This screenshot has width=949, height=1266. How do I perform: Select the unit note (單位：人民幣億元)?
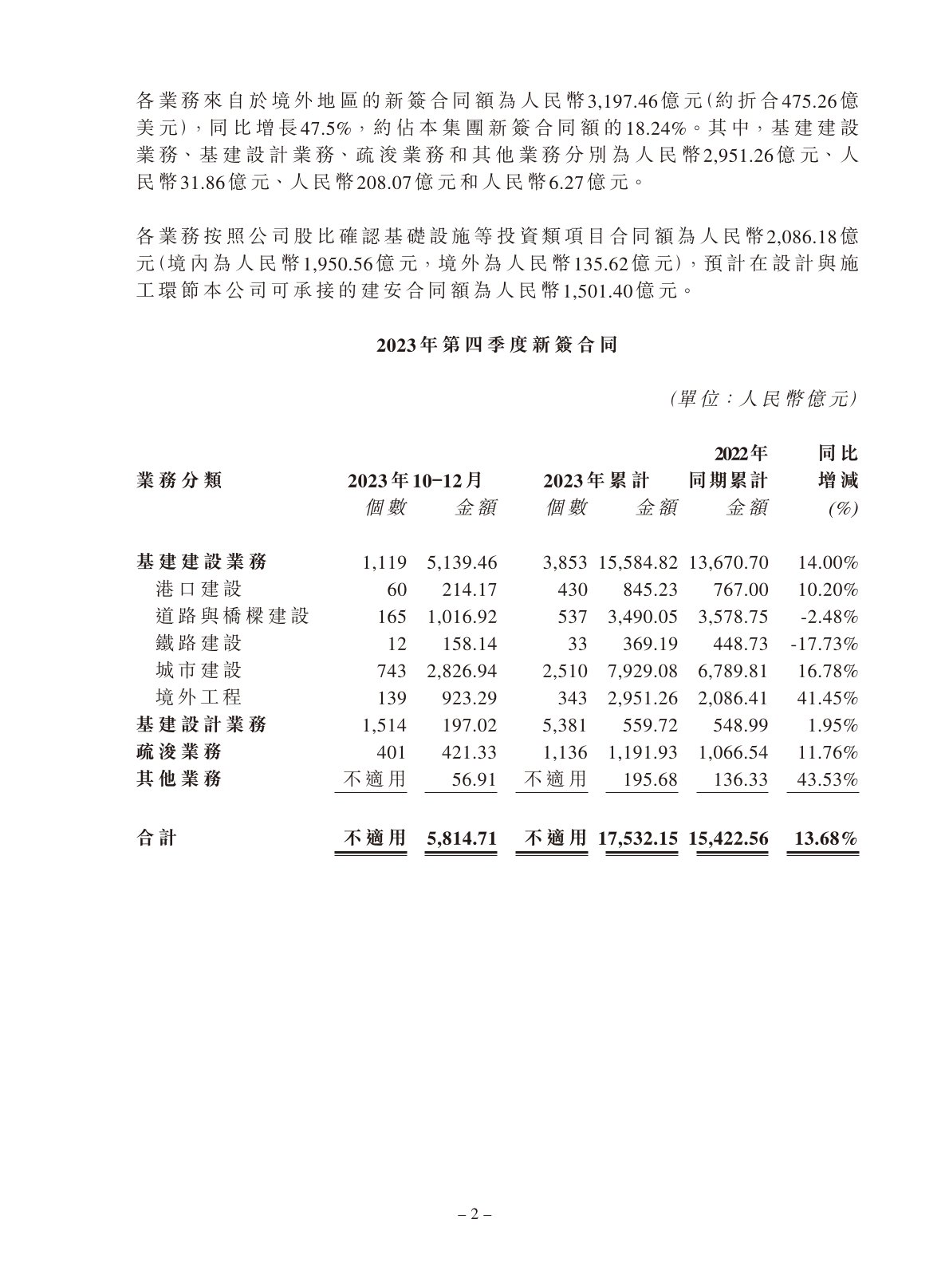[763, 399]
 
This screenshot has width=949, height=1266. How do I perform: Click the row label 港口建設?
[199, 590]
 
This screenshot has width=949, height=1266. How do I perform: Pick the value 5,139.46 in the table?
[462, 563]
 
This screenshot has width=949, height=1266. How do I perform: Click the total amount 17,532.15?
[639, 838]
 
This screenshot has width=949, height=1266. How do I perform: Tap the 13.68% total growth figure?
[826, 838]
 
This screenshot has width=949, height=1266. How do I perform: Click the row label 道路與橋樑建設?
[232, 617]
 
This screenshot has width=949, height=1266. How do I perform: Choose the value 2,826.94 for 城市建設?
[462, 671]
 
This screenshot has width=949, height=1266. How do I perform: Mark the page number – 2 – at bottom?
[475, 1215]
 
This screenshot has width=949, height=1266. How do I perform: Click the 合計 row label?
[157, 838]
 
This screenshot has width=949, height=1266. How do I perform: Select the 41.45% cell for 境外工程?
[828, 698]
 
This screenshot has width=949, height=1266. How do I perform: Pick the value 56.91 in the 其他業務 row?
[478, 779]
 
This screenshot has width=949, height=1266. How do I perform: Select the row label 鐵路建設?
[199, 644]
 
